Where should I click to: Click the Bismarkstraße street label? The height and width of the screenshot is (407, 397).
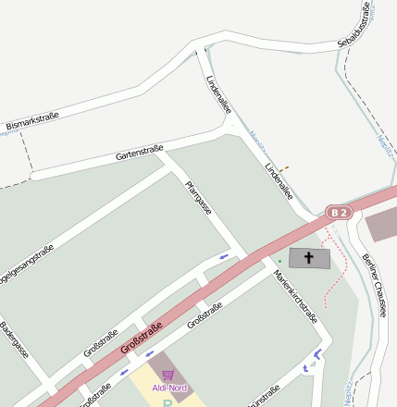[31, 119]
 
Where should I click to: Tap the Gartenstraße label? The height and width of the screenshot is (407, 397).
[140, 152]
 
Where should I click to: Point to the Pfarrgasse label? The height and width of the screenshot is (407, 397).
[198, 198]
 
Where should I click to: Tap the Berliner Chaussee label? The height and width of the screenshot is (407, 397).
[374, 284]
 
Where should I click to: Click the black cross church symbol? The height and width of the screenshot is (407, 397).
[308, 257]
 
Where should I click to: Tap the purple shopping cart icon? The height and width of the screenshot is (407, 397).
[167, 375]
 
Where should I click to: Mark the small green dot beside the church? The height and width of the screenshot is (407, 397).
[279, 262]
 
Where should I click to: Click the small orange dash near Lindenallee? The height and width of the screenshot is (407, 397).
[285, 168]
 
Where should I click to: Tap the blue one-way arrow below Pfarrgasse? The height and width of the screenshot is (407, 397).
[223, 256]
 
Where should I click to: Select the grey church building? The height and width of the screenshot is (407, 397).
[309, 258]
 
